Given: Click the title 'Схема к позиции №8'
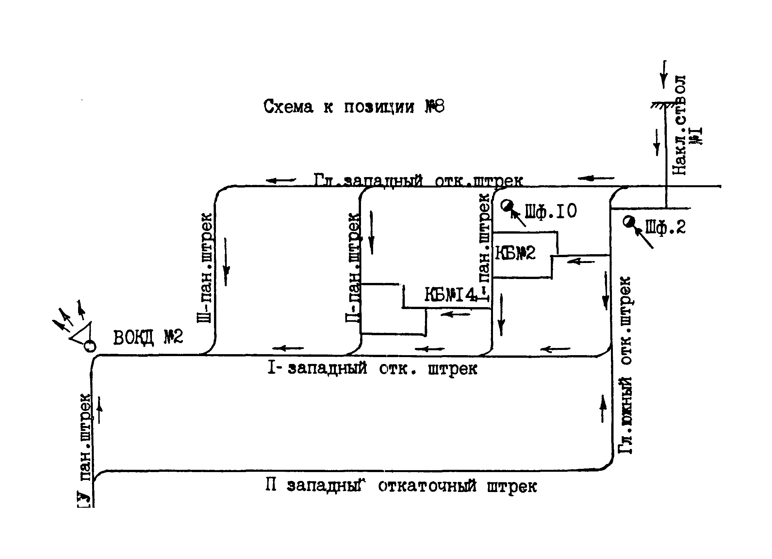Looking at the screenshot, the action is pos(354,107).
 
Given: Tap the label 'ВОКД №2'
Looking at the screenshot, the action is pos(148,337).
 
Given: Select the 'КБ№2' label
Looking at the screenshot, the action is pos(515,253).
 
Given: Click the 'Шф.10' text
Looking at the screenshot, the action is pos(551,211).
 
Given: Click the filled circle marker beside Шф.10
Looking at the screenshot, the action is pos(507,205).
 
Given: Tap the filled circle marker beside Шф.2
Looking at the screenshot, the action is pos(629,222).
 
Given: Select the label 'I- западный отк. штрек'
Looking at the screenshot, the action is pos(372,368).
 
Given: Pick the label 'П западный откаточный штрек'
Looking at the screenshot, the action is pos(401,486).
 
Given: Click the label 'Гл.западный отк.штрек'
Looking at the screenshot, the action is pos(418,180).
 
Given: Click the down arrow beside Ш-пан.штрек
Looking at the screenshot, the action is pos(226,262).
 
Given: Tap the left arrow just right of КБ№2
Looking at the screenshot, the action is pos(581,261).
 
